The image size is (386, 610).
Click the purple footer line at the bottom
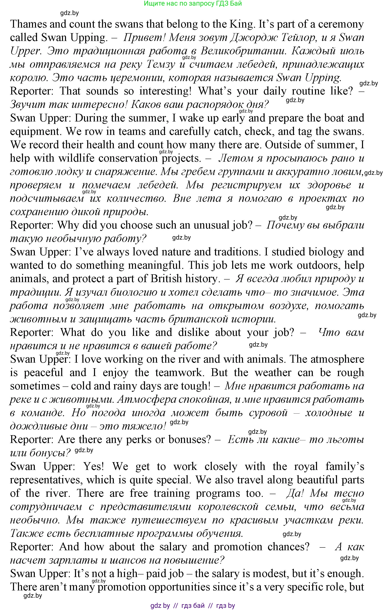(193, 606)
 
